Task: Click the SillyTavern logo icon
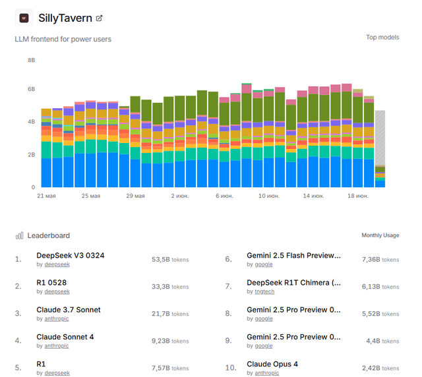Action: coord(24,18)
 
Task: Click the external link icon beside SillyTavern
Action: coord(99,18)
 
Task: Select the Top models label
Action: coord(382,38)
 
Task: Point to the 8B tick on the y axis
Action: coord(31,60)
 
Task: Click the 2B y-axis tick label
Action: coord(31,154)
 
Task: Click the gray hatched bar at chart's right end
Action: coord(380,138)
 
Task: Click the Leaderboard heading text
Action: coord(48,235)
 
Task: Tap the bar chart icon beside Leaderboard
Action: coord(20,235)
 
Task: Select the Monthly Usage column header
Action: coord(380,235)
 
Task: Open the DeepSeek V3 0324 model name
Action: coord(70,255)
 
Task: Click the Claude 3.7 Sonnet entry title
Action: coord(69,310)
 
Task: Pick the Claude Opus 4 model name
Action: coord(272,364)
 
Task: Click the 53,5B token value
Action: coord(161,260)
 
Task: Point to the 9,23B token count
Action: coord(161,341)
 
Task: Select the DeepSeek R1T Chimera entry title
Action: coord(293,283)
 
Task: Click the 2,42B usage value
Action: coord(371,368)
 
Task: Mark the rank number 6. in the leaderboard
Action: coord(228,260)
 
